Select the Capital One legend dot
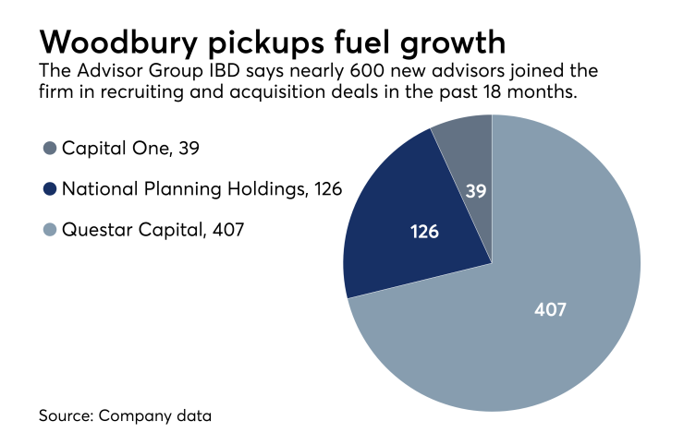49,148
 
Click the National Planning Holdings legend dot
49,189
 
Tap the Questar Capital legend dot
49,230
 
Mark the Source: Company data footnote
125,415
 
